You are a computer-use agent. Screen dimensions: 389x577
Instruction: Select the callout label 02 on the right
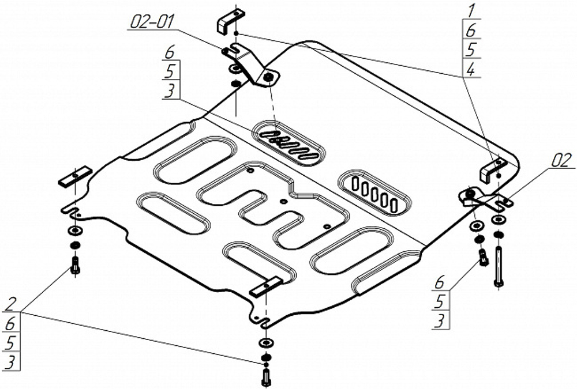[x=560, y=161]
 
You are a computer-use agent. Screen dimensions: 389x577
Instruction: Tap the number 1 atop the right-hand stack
[x=471, y=10]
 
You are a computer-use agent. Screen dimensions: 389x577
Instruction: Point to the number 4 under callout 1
[x=471, y=70]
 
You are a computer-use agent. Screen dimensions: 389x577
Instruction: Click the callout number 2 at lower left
[x=12, y=304]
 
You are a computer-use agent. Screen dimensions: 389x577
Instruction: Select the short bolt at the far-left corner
[x=74, y=266]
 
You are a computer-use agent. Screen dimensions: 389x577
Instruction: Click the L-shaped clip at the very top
[x=227, y=21]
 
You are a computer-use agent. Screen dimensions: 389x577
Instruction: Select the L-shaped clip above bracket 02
[x=489, y=170]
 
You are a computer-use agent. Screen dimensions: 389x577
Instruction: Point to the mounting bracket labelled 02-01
[x=251, y=64]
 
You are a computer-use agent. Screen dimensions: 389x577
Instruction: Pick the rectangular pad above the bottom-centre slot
[x=266, y=286]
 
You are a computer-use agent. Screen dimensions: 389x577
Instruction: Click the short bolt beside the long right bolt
[x=482, y=254]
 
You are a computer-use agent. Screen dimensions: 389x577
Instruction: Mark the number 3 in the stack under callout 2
[x=12, y=362]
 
